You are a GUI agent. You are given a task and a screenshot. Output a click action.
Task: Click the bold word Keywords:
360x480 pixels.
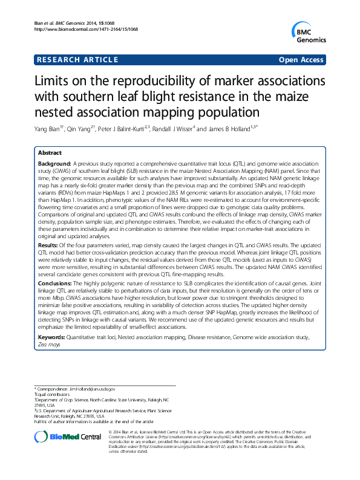(53, 336)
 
